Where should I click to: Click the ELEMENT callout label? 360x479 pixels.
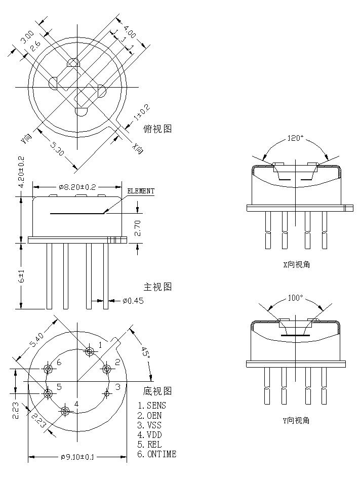coord(140,191)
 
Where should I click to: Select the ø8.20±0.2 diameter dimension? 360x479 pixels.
coord(77,187)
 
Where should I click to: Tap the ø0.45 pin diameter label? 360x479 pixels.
coord(133,301)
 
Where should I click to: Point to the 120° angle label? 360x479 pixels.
coord(295,138)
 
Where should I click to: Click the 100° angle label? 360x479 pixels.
coord(295,298)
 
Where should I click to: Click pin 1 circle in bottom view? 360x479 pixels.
coord(90,351)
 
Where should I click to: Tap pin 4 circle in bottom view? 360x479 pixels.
coord(65,411)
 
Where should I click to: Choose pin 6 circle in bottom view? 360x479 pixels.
coord(49,369)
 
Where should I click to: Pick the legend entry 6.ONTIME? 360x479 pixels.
coord(157,454)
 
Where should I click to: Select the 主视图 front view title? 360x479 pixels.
coord(157,287)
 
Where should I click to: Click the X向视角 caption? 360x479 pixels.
coord(296,264)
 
